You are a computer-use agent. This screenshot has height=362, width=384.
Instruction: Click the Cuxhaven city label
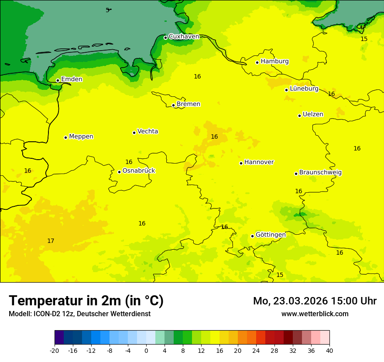point(184,37)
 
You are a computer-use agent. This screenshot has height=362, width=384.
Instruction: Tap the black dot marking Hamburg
point(257,62)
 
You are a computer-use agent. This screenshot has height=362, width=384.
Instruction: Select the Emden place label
point(72,79)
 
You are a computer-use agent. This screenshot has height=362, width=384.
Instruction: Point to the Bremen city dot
point(173,105)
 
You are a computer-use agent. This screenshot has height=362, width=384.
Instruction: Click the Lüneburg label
point(304,89)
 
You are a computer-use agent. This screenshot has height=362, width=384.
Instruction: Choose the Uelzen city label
point(313,114)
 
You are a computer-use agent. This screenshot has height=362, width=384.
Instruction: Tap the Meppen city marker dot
point(65,137)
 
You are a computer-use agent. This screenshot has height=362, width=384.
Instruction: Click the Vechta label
point(147,131)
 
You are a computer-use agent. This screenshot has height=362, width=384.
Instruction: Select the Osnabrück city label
point(139,171)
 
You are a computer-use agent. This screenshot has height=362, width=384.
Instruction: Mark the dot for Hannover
point(241,163)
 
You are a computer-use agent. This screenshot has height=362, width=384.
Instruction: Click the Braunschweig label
point(320,172)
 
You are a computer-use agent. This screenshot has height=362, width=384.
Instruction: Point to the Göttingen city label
point(271,235)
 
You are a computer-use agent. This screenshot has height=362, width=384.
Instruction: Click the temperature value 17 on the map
point(51,241)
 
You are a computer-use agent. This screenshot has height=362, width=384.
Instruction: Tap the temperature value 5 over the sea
point(107,10)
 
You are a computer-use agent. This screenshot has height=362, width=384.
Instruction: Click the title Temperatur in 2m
point(86,301)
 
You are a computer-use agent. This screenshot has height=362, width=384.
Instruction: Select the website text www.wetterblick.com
point(315,314)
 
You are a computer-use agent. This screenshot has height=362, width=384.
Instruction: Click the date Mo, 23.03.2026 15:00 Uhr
point(315,301)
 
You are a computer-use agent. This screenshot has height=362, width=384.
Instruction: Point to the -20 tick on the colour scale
point(55,350)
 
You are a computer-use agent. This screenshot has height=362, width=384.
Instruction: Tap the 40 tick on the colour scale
point(329,350)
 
